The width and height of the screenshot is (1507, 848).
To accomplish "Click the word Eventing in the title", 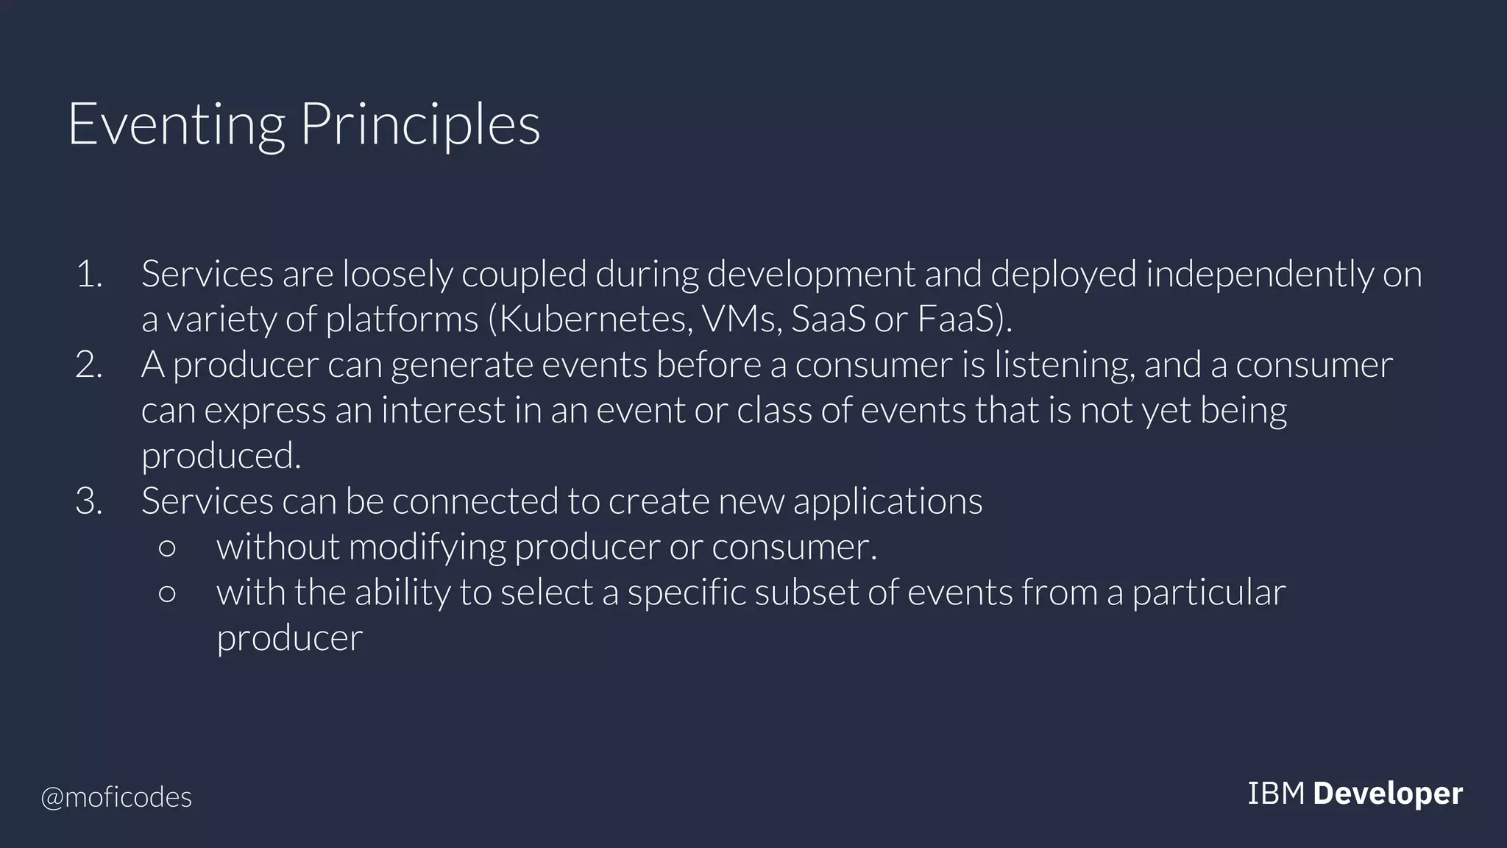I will tap(176, 125).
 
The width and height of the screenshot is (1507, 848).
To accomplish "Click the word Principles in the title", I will tap(420, 125).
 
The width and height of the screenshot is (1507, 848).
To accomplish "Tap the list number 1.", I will tap(89, 275).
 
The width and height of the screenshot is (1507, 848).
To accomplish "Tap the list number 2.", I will tap(89, 365).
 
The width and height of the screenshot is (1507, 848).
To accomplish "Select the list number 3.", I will tap(89, 501).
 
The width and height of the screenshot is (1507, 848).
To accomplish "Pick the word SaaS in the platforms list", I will tap(828, 319).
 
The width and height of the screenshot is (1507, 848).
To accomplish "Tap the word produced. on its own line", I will tap(221, 456).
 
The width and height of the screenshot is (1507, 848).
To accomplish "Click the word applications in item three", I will tap(887, 501).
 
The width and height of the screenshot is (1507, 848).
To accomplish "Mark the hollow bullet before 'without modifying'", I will tap(167, 548).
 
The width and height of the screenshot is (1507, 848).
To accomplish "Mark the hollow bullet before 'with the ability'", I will tap(167, 593).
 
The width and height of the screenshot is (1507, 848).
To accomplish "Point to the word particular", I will tap(1208, 593).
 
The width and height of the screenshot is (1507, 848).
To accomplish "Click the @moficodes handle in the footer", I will tap(116, 797).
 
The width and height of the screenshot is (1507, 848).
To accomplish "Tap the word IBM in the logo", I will tap(1276, 794).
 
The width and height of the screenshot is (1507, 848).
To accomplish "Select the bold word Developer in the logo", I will tap(1387, 794).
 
